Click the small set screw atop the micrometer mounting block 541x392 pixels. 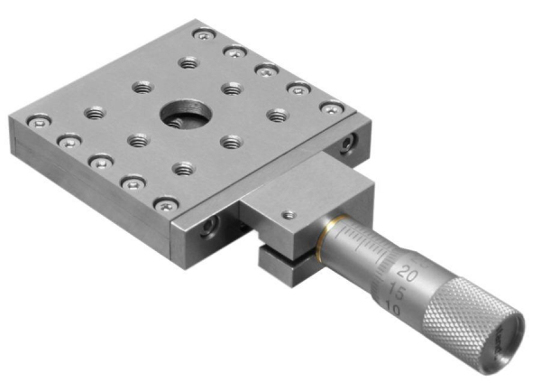(x=288, y=215)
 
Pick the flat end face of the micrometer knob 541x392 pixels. (x=505, y=341)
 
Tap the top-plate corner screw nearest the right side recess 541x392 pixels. (x=333, y=108)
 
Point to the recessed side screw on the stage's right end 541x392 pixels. (x=349, y=141)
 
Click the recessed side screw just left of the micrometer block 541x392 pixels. (x=209, y=224)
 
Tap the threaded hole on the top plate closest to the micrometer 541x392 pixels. (x=184, y=168)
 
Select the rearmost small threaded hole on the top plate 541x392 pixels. (x=188, y=62)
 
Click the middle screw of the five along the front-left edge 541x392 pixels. (x=100, y=160)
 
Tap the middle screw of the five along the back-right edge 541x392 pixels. (x=266, y=70)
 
